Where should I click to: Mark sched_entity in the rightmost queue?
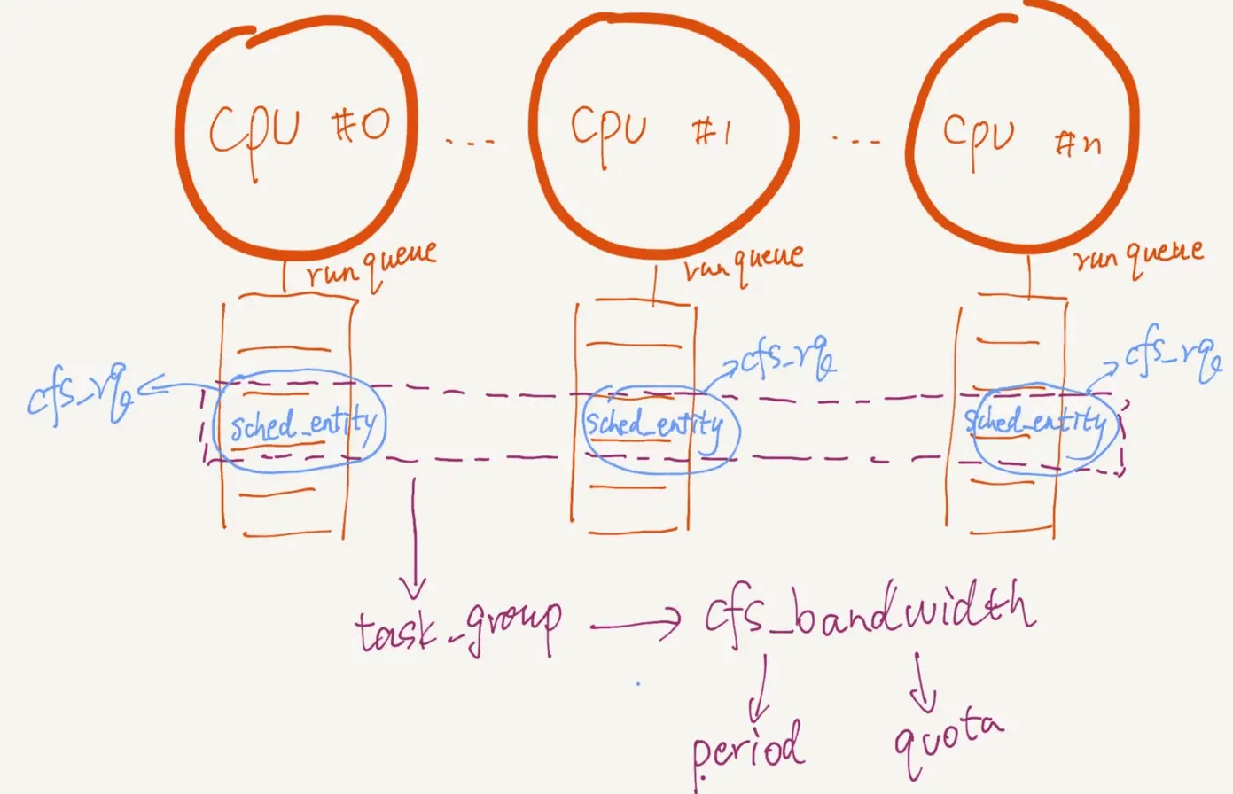[1035, 423]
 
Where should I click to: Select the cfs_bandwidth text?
[869, 612]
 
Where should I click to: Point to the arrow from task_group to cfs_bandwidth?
[635, 625]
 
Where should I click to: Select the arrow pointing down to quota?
[922, 681]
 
